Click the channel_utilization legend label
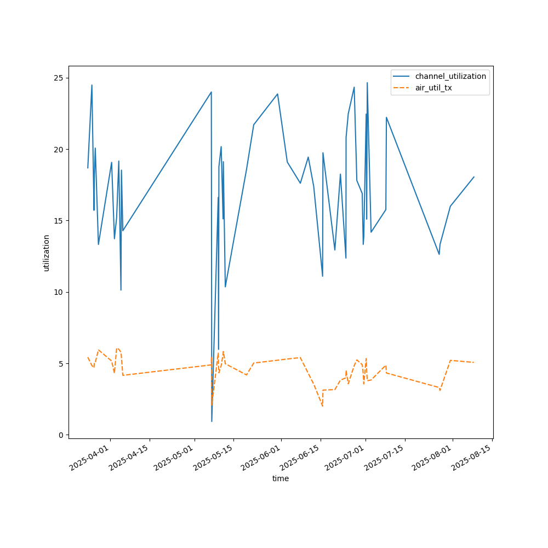[450, 76]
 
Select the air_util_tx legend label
[433, 88]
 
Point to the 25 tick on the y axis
[58, 78]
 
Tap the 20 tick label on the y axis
[58, 149]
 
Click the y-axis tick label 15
[58, 221]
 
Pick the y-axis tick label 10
[58, 292]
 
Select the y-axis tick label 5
[60, 363]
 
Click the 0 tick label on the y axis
[60, 435]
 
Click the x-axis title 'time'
[281, 478]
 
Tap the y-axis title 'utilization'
[47, 253]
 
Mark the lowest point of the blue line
[212, 421]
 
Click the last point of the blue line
[473, 177]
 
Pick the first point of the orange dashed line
[88, 357]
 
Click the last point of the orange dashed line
[473, 362]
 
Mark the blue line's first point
[88, 168]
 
